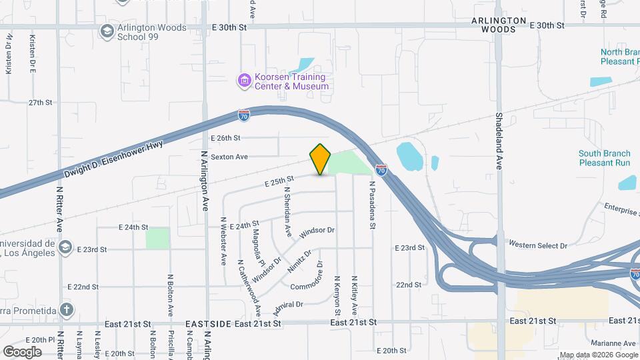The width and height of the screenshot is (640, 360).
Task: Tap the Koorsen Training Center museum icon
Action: pyautogui.click(x=245, y=81)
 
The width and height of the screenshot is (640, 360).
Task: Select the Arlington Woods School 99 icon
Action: pyautogui.click(x=106, y=31)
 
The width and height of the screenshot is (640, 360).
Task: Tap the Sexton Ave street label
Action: pyautogui.click(x=229, y=157)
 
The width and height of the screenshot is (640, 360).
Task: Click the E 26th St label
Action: pyautogui.click(x=225, y=138)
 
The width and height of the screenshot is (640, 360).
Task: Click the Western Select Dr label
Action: pyautogui.click(x=537, y=245)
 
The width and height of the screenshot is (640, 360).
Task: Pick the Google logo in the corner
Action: pyautogui.click(x=22, y=351)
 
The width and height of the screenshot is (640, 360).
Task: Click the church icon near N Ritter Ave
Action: pyautogui.click(x=65, y=309)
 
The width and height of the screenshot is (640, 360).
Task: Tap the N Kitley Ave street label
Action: pyautogui.click(x=354, y=296)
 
